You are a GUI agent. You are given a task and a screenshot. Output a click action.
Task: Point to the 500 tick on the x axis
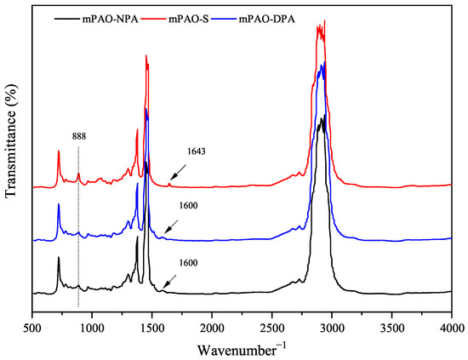[x=32, y=326]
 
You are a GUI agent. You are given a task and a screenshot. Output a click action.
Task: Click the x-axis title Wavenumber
[x=241, y=348]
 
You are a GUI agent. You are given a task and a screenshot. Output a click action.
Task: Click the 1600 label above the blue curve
[x=189, y=204]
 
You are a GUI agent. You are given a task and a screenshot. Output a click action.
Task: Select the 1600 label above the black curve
[x=189, y=263]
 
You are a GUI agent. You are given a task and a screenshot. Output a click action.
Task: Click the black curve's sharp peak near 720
[x=59, y=258]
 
